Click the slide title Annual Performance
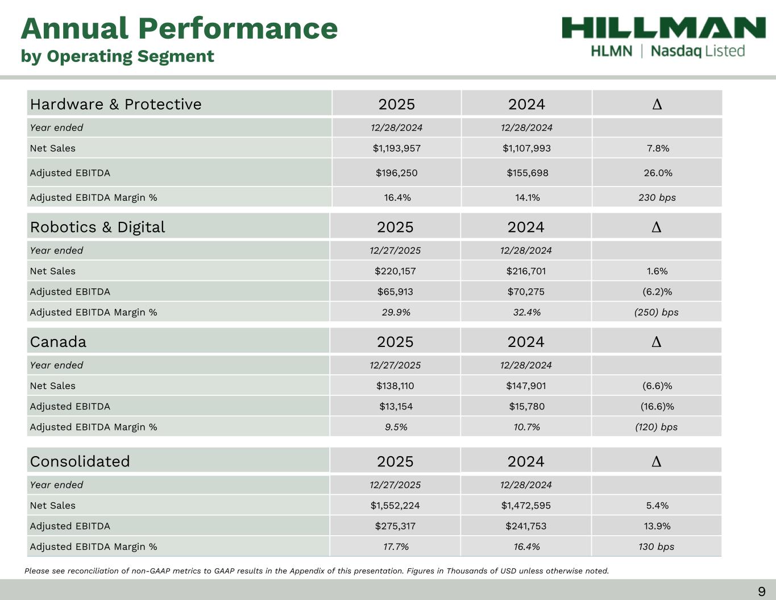179,28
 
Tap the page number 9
761,591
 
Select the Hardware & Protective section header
116,104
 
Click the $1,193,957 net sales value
396,148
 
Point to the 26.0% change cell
658,173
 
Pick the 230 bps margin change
657,198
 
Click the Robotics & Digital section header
98,227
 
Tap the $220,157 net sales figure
395,271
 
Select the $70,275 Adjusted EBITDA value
526,292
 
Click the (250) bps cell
656,312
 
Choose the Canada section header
59,342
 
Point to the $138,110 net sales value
395,386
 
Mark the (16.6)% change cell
657,407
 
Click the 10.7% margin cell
526,427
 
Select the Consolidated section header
80,461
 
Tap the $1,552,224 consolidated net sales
395,506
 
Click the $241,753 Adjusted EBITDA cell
526,526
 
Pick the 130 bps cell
656,547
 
